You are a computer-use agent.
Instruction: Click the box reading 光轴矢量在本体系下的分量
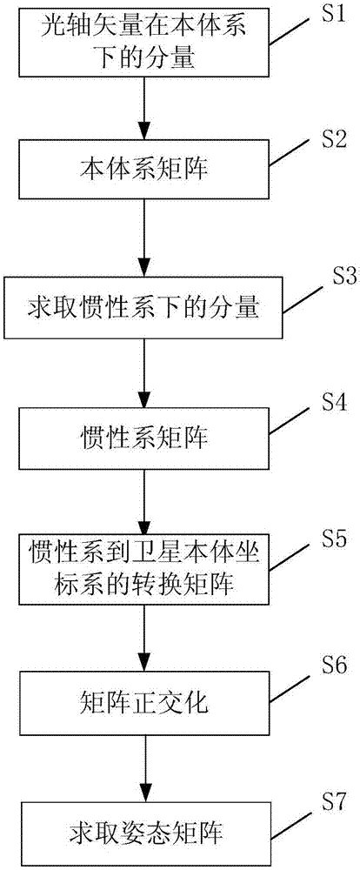pyautogui.click(x=144, y=42)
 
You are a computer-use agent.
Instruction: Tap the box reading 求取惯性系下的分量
pyautogui.click(x=144, y=308)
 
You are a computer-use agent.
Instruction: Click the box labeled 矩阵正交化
pyautogui.click(x=144, y=699)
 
